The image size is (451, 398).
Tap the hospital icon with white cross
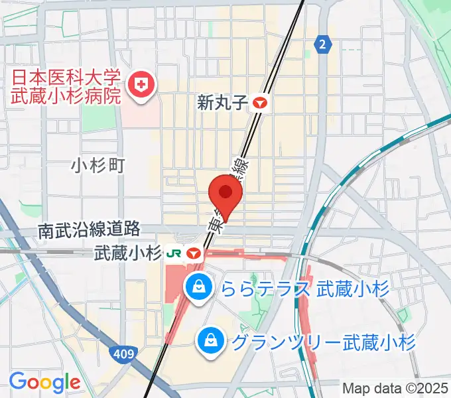pyautogui.click(x=141, y=85)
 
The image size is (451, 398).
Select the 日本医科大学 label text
pyautogui.click(x=64, y=76)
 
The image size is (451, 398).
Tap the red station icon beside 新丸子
pyautogui.click(x=260, y=103)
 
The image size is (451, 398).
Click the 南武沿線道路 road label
pyautogui.click(x=89, y=230)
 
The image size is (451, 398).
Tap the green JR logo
pyautogui.click(x=174, y=253)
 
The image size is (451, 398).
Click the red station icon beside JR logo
pyautogui.click(x=194, y=253)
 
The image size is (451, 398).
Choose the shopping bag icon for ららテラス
pyautogui.click(x=198, y=287)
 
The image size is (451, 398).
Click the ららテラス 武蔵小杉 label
pyautogui.click(x=305, y=289)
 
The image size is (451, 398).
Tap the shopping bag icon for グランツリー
pyautogui.click(x=210, y=341)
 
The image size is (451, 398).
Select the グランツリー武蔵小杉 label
pyautogui.click(x=324, y=342)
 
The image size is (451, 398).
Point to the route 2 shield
pyautogui.click(x=322, y=44)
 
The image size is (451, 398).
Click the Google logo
pyautogui.click(x=44, y=382)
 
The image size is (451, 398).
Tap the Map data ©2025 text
pyautogui.click(x=395, y=388)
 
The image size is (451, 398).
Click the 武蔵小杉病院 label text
pyautogui.click(x=66, y=94)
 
